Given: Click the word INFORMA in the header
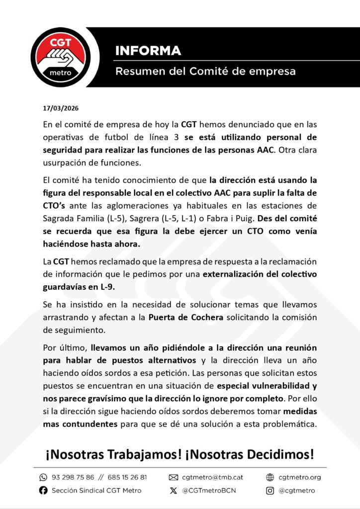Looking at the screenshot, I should click(x=148, y=51).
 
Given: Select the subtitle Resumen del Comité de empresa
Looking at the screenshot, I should click(x=205, y=72).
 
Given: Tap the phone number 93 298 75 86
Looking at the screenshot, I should click(x=73, y=477).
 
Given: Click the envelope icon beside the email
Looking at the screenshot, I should click(x=174, y=477).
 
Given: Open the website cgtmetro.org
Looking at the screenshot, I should click(x=299, y=477).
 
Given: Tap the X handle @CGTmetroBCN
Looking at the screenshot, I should click(x=209, y=491).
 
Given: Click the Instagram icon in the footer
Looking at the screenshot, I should click(x=270, y=491).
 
